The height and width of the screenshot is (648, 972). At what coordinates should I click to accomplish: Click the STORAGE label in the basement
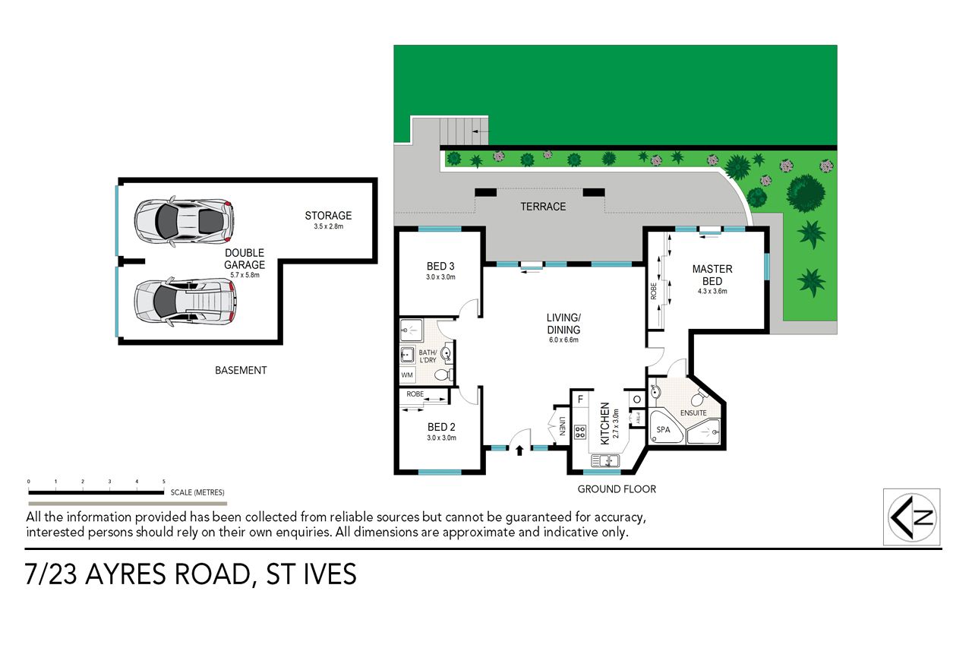(x=328, y=215)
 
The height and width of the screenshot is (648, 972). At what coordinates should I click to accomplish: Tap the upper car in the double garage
(x=184, y=221)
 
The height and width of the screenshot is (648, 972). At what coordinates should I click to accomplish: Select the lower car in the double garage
(x=185, y=302)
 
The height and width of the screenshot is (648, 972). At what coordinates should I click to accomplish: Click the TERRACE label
(x=543, y=207)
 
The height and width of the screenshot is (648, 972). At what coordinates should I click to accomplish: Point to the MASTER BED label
(x=712, y=275)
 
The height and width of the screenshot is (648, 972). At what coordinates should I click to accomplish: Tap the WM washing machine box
(x=407, y=375)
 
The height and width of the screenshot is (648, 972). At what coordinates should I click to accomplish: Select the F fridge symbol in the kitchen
(x=580, y=400)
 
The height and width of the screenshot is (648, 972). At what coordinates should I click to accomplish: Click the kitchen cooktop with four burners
(x=580, y=431)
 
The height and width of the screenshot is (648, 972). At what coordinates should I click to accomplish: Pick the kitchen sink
(x=605, y=460)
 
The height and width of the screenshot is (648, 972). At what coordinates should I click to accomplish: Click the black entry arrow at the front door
(x=519, y=450)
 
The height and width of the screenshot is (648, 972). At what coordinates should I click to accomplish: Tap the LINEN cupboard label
(x=563, y=425)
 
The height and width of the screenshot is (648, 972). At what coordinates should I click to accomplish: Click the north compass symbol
(x=912, y=517)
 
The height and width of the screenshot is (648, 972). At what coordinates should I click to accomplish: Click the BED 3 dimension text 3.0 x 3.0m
(x=440, y=277)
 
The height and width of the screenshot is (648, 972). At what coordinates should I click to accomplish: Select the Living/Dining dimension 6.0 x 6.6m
(x=563, y=340)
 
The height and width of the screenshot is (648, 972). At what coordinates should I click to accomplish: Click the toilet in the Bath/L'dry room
(x=444, y=374)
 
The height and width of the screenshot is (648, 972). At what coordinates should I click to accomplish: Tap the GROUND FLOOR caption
(x=617, y=489)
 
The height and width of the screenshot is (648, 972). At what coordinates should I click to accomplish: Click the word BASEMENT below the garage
(x=241, y=370)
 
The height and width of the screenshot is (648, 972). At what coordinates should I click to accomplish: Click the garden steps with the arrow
(x=464, y=131)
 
